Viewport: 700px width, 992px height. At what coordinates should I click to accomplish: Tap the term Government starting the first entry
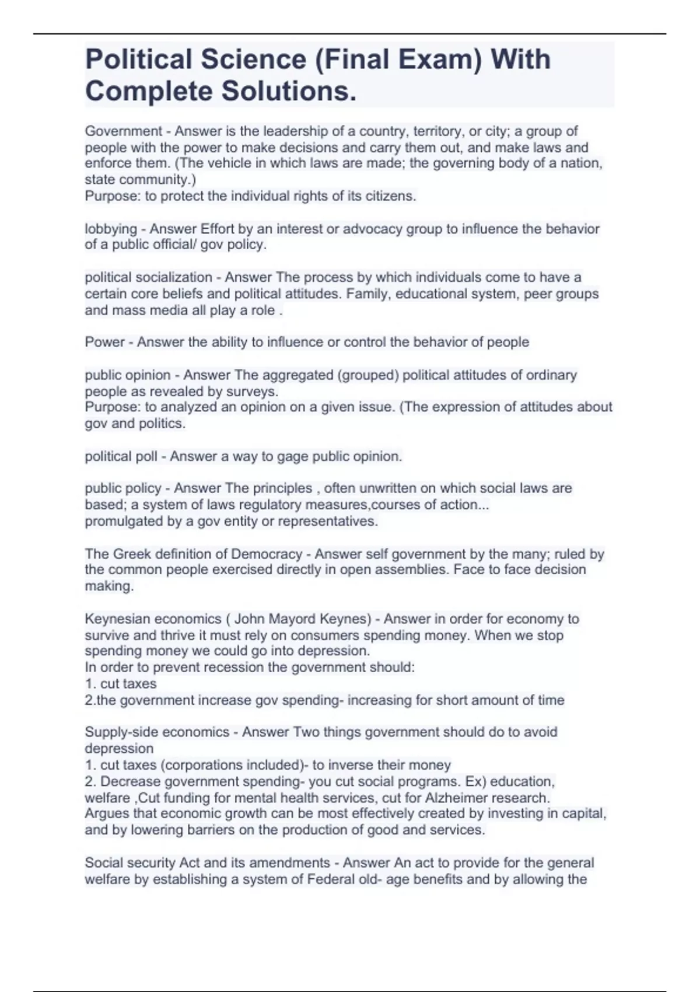pos(123,131)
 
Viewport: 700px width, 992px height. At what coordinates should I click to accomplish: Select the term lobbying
pos(111,229)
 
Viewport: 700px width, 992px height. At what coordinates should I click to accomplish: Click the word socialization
pos(174,277)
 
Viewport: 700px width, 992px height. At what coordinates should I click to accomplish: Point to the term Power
pos(104,342)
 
